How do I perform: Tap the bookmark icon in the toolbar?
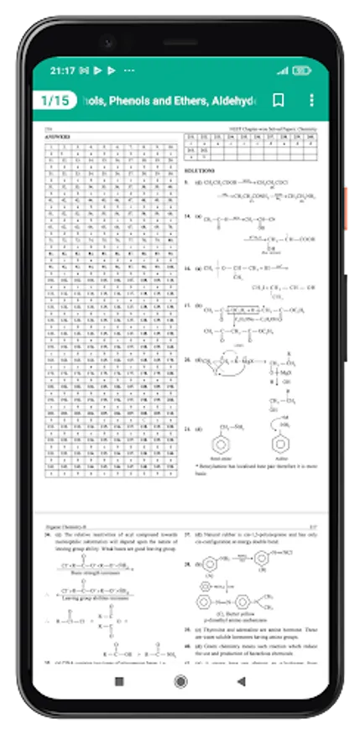278,101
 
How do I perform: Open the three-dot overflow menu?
311,101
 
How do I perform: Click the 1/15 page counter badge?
55,101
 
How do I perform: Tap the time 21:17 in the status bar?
64,70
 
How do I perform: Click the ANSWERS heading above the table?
57,137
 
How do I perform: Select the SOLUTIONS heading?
194,170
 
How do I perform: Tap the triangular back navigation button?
241,681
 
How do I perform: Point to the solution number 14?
187,216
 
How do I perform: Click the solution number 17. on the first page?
187,306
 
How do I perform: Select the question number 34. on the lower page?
47,533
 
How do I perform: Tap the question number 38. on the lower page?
187,564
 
